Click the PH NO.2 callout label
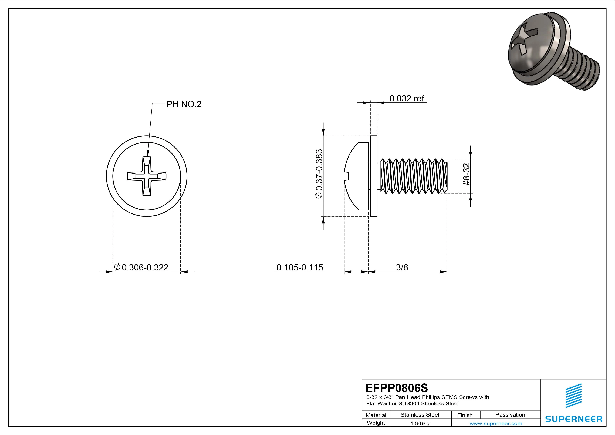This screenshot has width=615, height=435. (184, 104)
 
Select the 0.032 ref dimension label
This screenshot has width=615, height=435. (407, 98)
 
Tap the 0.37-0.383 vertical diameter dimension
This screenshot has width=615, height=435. (319, 174)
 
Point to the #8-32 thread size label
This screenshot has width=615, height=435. (466, 175)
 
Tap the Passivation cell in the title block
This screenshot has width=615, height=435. (510, 415)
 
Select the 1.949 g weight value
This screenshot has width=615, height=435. (420, 423)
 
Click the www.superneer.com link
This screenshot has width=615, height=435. (496, 423)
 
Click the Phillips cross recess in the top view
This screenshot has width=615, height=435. (147, 176)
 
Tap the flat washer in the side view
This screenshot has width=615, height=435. (373, 176)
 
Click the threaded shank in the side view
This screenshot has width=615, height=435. (413, 176)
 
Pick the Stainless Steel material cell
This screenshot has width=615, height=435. (420, 415)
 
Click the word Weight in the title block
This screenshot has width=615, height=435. (376, 423)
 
